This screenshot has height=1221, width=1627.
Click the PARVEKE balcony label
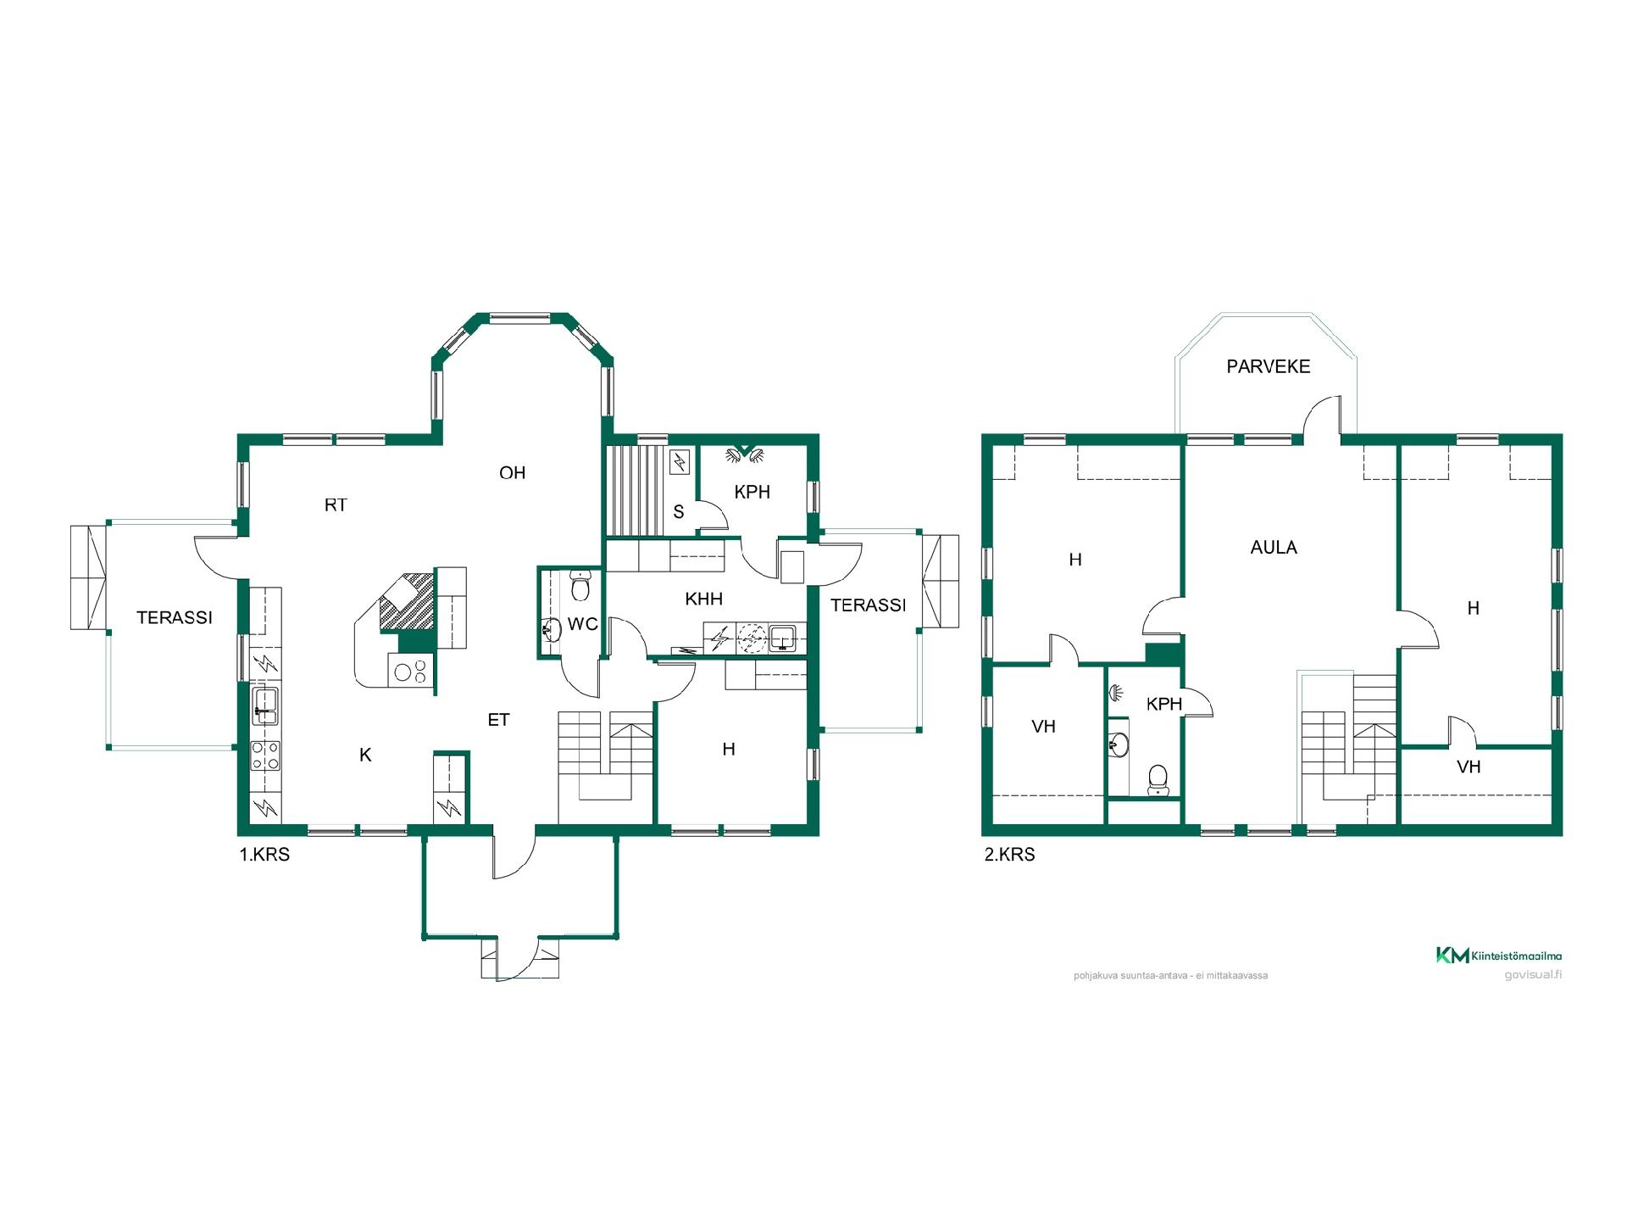(1268, 366)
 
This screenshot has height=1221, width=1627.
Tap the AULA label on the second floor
(1274, 548)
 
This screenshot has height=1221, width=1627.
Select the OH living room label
(513, 473)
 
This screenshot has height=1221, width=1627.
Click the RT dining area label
(336, 505)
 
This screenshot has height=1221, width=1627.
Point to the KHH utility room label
(703, 599)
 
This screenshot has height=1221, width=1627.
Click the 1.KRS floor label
(264, 855)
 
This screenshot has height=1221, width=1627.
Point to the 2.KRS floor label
(1009, 855)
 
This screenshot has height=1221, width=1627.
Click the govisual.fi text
(1533, 974)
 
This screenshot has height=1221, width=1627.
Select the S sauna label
(678, 512)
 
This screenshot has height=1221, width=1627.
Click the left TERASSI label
(175, 618)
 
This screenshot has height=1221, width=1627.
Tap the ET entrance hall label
(498, 720)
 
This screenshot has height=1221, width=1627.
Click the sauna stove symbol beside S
(680, 462)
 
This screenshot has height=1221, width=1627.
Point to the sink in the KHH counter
(781, 637)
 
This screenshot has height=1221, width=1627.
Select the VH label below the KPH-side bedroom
(1043, 727)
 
